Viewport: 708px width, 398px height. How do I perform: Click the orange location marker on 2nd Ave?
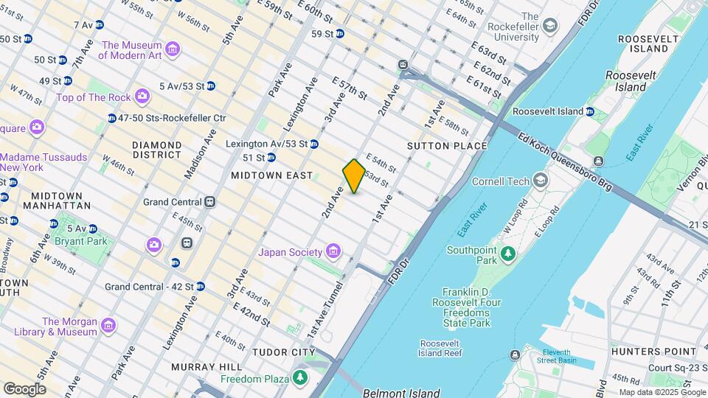tap(354, 176)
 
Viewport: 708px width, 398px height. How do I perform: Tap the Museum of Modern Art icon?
tap(173, 50)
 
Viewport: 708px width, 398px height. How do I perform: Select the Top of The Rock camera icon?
tap(142, 97)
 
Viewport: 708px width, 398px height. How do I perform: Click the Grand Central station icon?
tap(210, 201)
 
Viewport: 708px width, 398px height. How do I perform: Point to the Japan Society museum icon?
tap(333, 252)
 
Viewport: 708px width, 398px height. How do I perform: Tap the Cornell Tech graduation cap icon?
tap(541, 181)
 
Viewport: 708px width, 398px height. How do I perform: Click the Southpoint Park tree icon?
tap(507, 255)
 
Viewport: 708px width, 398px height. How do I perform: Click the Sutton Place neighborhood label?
tap(447, 146)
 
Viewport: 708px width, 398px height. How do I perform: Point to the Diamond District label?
tap(157, 150)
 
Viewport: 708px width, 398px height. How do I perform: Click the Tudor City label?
tap(284, 352)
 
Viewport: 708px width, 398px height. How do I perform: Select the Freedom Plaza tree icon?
tap(299, 379)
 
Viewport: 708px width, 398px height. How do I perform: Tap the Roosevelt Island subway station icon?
tap(590, 111)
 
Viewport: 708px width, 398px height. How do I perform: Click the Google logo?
tap(24, 388)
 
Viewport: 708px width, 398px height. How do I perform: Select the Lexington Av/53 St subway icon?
tap(313, 144)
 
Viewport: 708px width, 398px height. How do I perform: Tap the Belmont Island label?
tap(401, 393)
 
